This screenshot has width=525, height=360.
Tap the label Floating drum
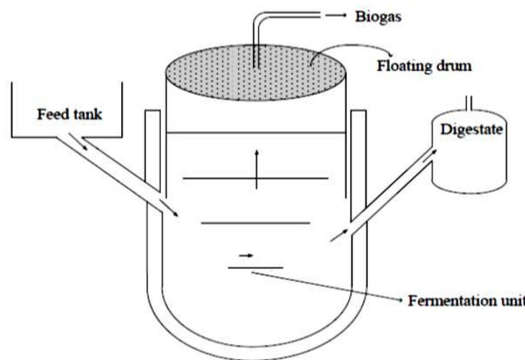[x=424, y=67]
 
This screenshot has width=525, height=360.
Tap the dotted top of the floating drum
[x=255, y=72]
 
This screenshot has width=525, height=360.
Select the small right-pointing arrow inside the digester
[x=246, y=254]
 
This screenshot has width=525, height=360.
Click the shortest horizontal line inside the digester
[x=255, y=267]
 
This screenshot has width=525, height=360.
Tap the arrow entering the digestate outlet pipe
[x=337, y=236]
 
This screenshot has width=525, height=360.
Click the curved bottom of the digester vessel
[x=256, y=345]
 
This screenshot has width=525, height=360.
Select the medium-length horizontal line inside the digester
[x=255, y=222]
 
